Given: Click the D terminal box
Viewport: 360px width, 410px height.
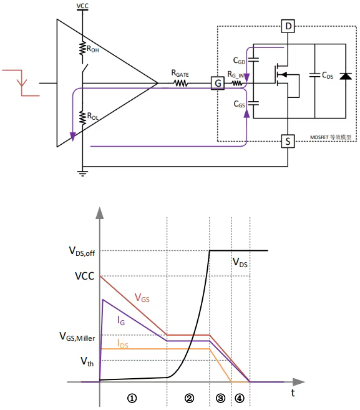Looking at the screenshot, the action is click(288, 26).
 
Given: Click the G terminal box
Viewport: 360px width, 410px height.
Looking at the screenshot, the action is click(218, 83).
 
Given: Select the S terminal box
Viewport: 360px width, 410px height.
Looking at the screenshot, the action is click(288, 141).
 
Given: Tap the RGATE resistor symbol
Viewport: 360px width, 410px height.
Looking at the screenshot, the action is click(181, 84).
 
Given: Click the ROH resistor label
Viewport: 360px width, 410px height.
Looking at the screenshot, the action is click(92, 49).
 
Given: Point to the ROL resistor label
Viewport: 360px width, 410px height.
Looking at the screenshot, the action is click(93, 116).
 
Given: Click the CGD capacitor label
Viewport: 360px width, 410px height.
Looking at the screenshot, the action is click(239, 61).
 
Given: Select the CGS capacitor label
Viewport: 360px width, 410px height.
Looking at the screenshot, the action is click(239, 104).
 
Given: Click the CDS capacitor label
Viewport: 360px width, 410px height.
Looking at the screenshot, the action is click(328, 76).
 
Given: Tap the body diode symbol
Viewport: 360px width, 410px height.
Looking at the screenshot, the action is click(346, 76).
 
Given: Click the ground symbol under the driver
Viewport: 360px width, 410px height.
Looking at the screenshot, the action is click(82, 173).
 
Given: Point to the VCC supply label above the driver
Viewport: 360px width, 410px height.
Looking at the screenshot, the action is click(82, 6).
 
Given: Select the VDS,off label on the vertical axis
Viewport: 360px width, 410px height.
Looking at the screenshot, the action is click(82, 251).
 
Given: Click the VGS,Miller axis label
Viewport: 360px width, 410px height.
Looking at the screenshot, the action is click(77, 336).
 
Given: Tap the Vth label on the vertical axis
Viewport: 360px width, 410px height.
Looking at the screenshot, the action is click(87, 361).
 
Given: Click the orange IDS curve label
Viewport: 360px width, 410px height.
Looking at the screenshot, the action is click(123, 344).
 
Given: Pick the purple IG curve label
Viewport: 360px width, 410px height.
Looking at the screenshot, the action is click(121, 320).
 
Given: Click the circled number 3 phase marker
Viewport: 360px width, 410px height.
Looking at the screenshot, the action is click(220, 398).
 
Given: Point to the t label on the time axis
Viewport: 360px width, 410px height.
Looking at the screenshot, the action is click(293, 393).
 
